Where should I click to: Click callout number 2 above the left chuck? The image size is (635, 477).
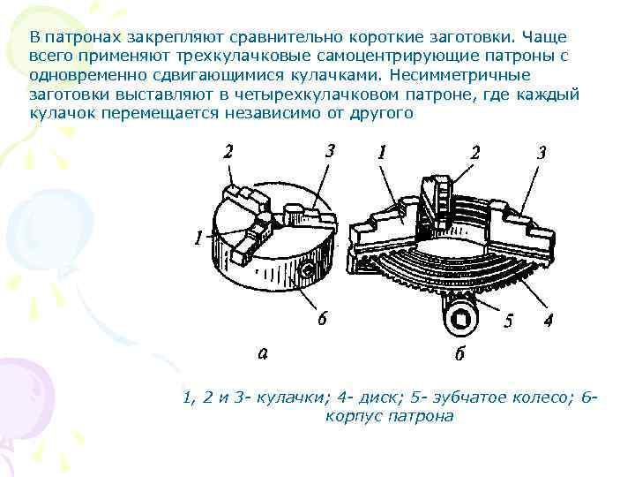[x=229, y=151]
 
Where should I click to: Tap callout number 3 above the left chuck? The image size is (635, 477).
[x=330, y=150]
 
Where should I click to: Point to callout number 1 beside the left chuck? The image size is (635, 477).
[x=200, y=238]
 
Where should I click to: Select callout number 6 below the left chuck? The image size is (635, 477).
[x=323, y=319]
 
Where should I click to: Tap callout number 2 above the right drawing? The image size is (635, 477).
[x=475, y=152]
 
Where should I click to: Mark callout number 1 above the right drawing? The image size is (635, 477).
[x=381, y=152]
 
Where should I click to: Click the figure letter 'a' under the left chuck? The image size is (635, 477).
[x=262, y=353]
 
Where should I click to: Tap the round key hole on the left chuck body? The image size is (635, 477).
[x=308, y=269]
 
